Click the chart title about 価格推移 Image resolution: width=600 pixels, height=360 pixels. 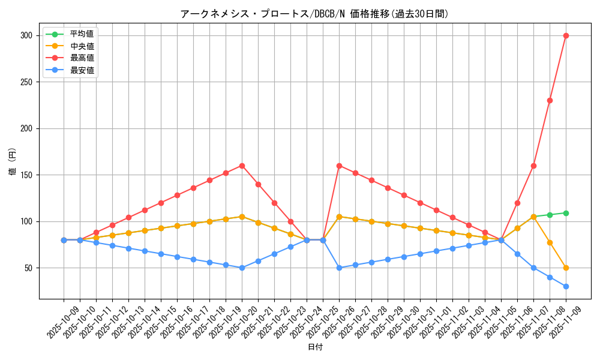pyautogui.click(x=314, y=14)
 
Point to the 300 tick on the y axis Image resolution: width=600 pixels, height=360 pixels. pyautogui.click(x=28, y=35)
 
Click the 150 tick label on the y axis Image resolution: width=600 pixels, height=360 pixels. pyautogui.click(x=28, y=175)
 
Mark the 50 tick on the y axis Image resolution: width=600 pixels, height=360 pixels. pyautogui.click(x=29, y=268)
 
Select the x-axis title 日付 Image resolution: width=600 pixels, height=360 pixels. pyautogui.click(x=314, y=347)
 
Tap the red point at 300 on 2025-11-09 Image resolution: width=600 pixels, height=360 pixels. pyautogui.click(x=566, y=35)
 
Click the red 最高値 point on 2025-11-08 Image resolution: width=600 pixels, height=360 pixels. pyautogui.click(x=550, y=100)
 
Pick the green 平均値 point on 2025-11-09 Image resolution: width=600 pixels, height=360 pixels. pyautogui.click(x=566, y=213)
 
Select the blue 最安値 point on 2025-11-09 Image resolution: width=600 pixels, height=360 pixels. pyautogui.click(x=566, y=286)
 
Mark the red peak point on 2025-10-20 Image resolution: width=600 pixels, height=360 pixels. pyautogui.click(x=242, y=166)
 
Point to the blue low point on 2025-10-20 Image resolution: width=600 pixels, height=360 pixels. pyautogui.click(x=242, y=268)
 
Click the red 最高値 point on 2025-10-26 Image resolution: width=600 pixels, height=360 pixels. pyautogui.click(x=339, y=166)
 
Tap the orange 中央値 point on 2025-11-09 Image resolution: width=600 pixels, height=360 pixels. pyautogui.click(x=566, y=268)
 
